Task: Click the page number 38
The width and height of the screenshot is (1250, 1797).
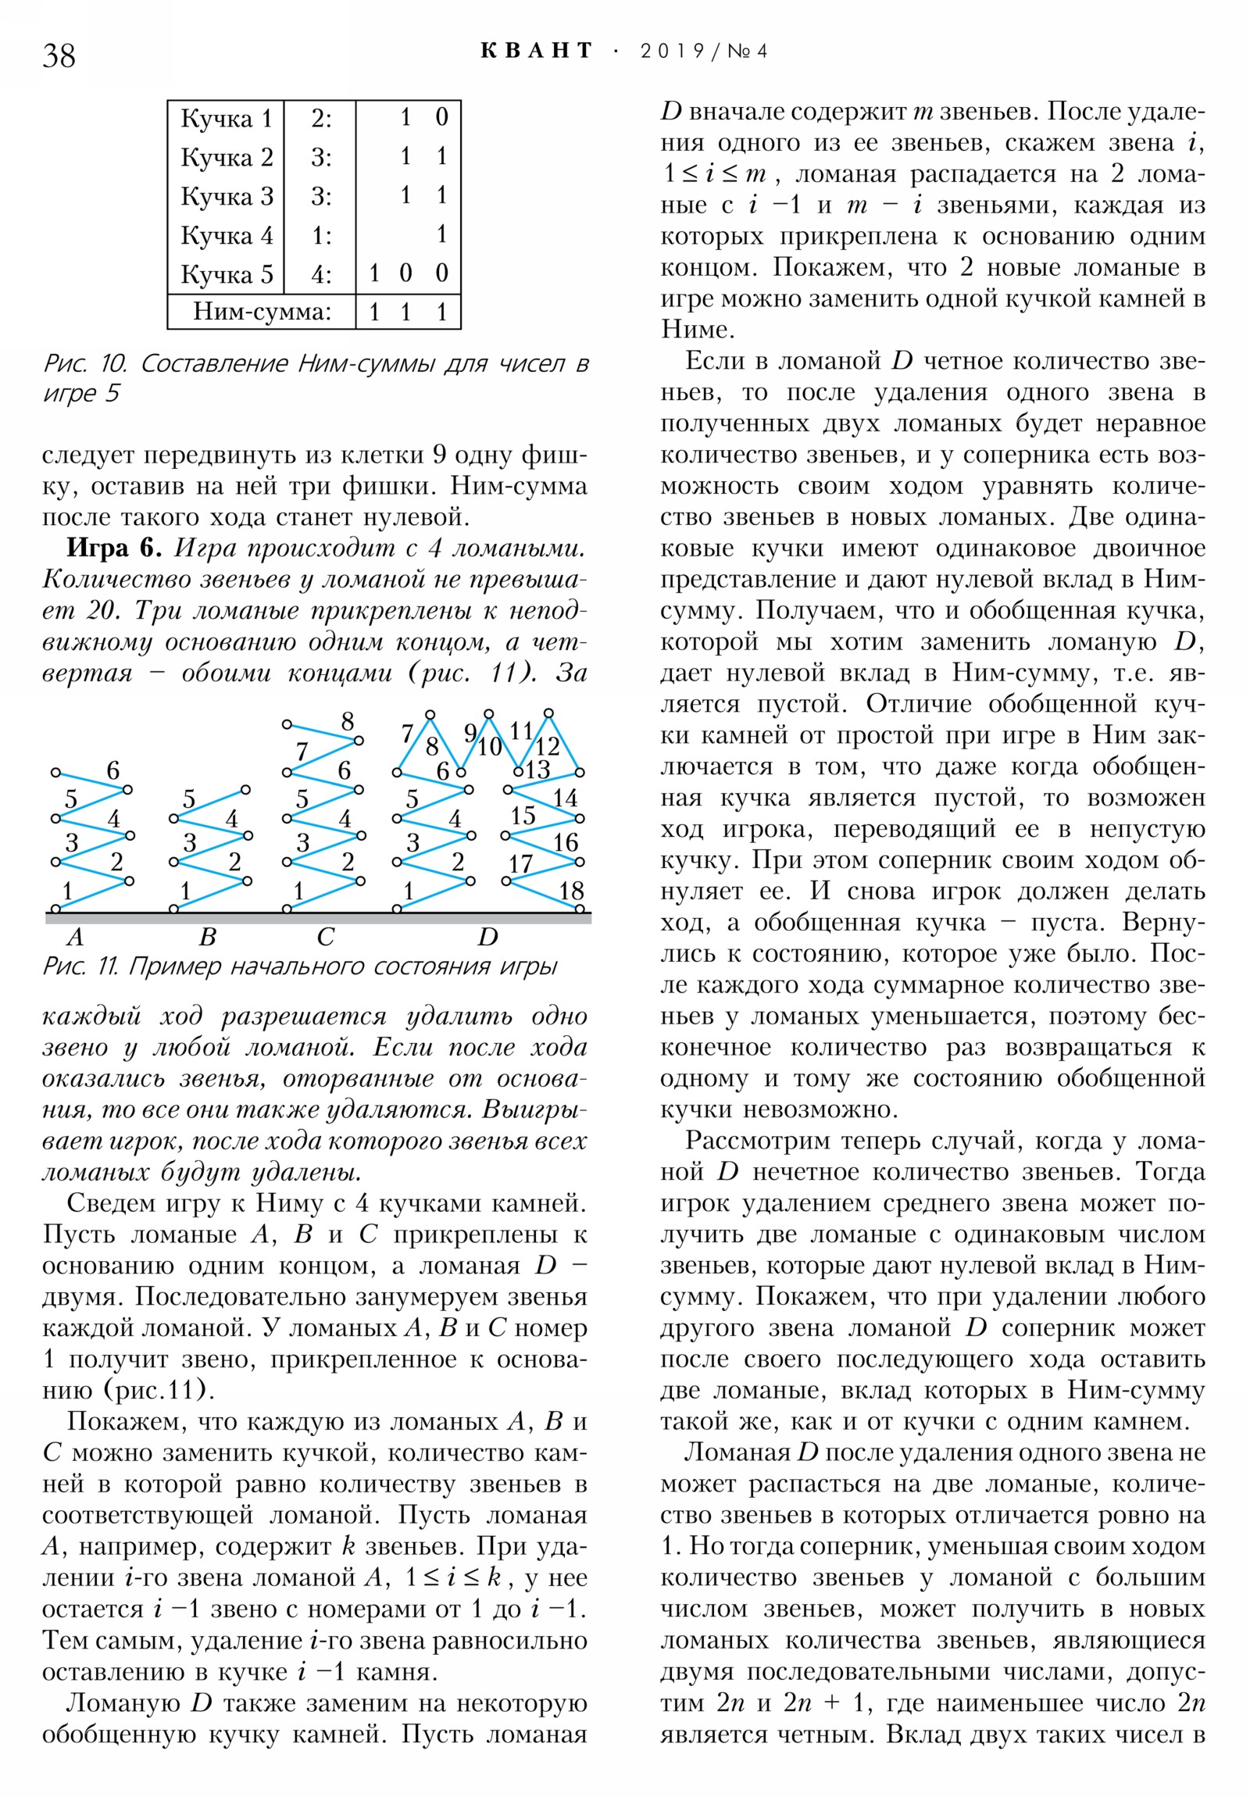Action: pyautogui.click(x=59, y=55)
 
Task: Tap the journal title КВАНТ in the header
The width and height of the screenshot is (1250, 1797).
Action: pyautogui.click(x=536, y=51)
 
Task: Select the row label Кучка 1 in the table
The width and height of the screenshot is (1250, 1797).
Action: pyautogui.click(x=227, y=119)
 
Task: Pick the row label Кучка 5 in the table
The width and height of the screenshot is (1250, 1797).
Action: pyautogui.click(x=227, y=274)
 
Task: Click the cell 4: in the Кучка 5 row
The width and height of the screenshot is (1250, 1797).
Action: pyautogui.click(x=321, y=274)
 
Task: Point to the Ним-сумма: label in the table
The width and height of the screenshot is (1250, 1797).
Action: pyautogui.click(x=262, y=313)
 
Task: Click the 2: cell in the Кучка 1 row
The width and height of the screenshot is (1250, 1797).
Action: pyautogui.click(x=321, y=119)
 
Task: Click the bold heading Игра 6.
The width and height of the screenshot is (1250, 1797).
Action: pyautogui.click(x=113, y=548)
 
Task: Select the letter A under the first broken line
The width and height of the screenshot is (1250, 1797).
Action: pyautogui.click(x=75, y=937)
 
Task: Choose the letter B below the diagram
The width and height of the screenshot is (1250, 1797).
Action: pyautogui.click(x=207, y=937)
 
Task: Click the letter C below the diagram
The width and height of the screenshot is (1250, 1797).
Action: pyautogui.click(x=326, y=937)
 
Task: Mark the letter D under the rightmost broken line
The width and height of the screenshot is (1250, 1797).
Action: pyautogui.click(x=487, y=937)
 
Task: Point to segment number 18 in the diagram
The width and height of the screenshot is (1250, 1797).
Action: pyautogui.click(x=571, y=891)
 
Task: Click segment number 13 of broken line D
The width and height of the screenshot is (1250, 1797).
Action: pyautogui.click(x=537, y=770)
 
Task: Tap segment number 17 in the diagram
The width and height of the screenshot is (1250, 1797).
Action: pyautogui.click(x=520, y=864)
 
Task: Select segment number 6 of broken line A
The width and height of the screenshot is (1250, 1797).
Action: pyautogui.click(x=112, y=771)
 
